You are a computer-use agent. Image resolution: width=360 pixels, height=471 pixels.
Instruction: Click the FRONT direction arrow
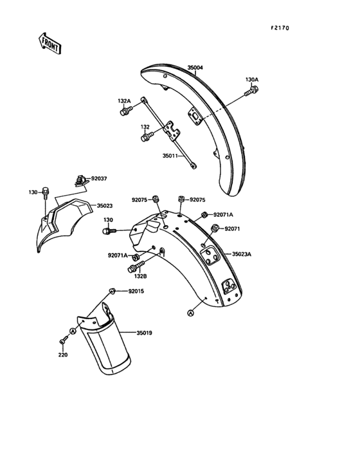50,43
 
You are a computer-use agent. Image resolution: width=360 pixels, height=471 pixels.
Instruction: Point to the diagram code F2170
280,28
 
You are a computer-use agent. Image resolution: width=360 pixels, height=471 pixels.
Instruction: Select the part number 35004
195,68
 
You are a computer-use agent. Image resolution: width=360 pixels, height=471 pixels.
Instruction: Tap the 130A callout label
252,80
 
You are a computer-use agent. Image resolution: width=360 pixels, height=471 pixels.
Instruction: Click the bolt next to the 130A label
251,91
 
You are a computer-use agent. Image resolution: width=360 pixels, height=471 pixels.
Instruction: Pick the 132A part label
124,101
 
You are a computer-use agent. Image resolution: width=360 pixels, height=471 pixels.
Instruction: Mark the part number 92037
99,178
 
